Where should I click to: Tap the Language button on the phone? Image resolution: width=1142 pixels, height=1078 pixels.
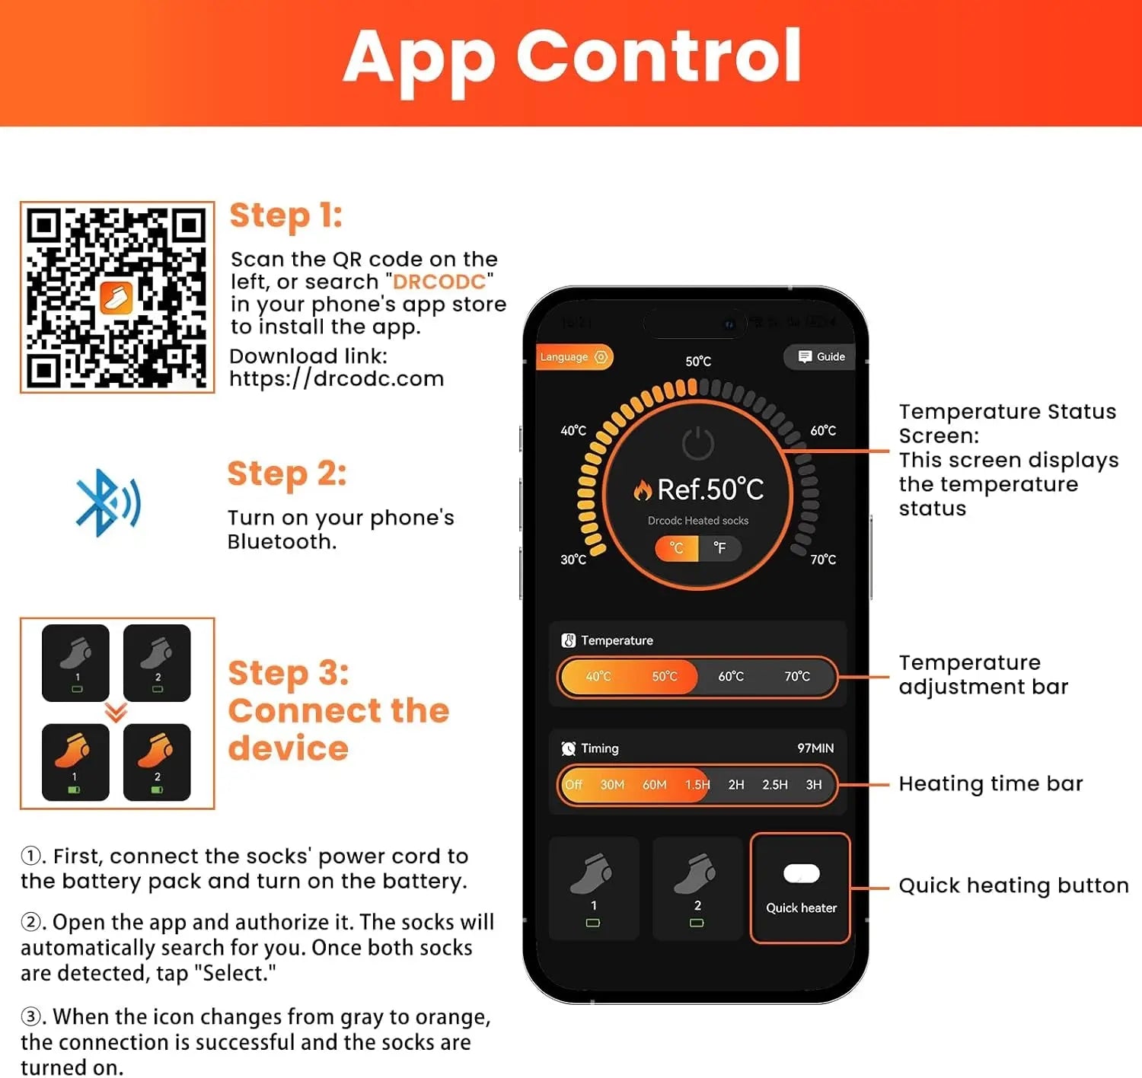(574, 356)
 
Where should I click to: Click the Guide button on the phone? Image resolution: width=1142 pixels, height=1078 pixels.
(820, 356)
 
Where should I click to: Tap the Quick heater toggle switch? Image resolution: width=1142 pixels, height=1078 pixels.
(801, 873)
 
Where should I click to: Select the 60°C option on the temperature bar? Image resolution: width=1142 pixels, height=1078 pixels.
(731, 677)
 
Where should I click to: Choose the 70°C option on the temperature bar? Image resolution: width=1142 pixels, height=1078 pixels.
(797, 677)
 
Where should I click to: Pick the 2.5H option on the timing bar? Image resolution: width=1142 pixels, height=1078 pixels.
(774, 785)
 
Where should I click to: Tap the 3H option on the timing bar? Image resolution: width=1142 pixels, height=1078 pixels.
(814, 785)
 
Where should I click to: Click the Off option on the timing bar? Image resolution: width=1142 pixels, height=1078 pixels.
(573, 785)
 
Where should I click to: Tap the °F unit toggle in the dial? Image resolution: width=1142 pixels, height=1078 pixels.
(720, 547)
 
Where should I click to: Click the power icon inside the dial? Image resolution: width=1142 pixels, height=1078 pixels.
(698, 444)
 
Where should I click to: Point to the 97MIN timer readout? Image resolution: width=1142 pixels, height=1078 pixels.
(815, 748)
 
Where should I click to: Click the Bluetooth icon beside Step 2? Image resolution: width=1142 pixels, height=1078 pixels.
(108, 502)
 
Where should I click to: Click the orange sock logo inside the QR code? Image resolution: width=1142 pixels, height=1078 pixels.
(116, 298)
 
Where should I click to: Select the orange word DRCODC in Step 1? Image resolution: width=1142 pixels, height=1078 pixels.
(439, 282)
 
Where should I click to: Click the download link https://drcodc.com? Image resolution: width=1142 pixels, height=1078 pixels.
(337, 378)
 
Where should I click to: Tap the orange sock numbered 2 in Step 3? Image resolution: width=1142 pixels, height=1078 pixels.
(157, 762)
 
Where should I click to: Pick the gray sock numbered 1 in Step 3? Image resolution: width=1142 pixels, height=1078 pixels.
(75, 662)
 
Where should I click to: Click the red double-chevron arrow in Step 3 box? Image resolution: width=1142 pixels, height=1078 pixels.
(116, 713)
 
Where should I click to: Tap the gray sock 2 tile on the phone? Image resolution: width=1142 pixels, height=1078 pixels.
(697, 888)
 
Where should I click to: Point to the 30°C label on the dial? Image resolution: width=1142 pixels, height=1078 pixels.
(573, 560)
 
